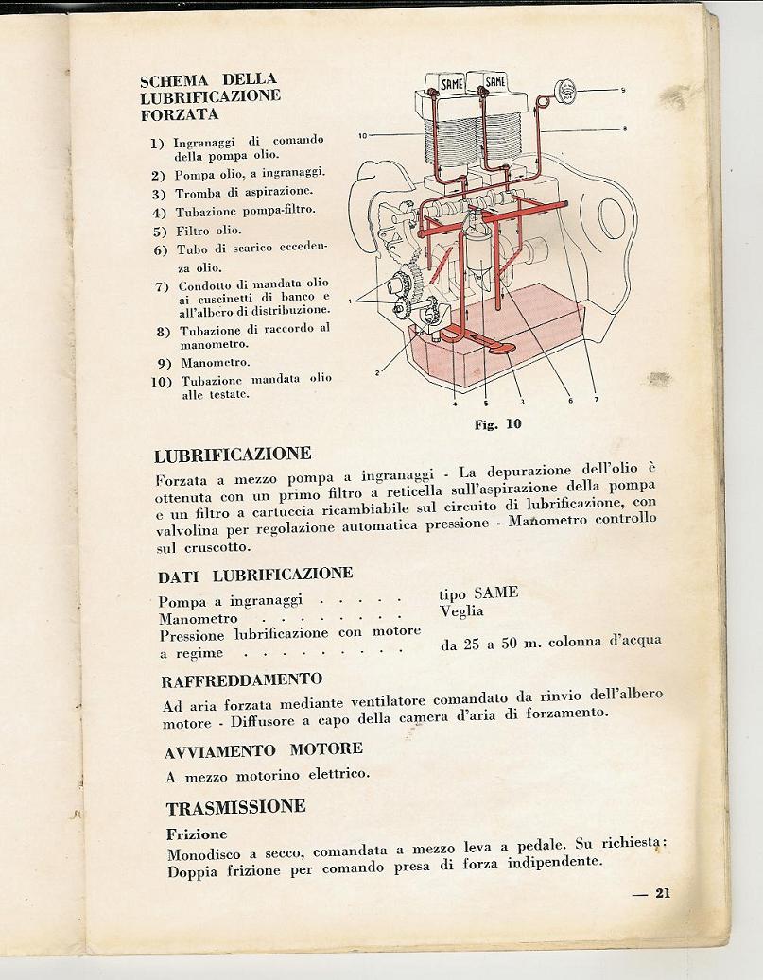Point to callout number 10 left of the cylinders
[x=362, y=135]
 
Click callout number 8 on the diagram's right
[x=625, y=129]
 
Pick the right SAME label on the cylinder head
[x=494, y=82]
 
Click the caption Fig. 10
[x=497, y=424]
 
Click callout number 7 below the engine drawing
[x=597, y=400]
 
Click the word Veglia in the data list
[x=461, y=610]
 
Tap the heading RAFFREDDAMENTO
[x=242, y=679]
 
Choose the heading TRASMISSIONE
[x=235, y=807]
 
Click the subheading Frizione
[x=197, y=834]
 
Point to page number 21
[x=662, y=892]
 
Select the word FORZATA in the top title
[x=180, y=114]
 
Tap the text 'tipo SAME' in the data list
[x=478, y=593]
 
